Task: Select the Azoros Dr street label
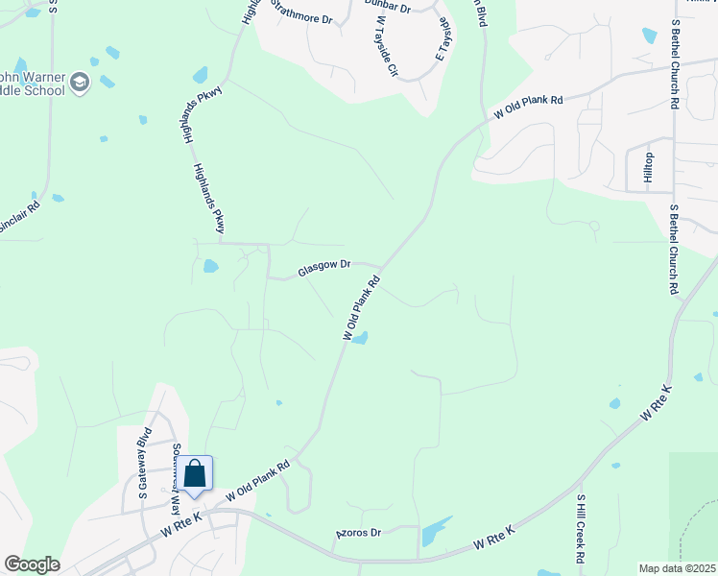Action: pyautogui.click(x=358, y=532)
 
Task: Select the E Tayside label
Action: pyautogui.click(x=443, y=39)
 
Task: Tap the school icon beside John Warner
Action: pyautogui.click(x=81, y=84)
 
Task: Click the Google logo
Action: pyautogui.click(x=32, y=564)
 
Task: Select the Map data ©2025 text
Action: pyautogui.click(x=677, y=568)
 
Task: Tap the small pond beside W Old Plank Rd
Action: pyautogui.click(x=360, y=337)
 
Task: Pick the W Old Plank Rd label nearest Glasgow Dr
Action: pyautogui.click(x=361, y=307)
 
